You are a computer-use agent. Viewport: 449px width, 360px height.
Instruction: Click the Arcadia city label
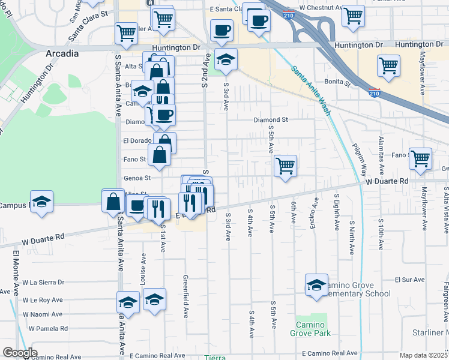(62, 53)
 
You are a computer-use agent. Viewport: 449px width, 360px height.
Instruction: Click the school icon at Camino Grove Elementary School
(316, 286)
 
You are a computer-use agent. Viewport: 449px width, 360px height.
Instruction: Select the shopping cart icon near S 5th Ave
(286, 166)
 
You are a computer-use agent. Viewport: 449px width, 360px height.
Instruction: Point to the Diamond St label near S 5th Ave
(271, 119)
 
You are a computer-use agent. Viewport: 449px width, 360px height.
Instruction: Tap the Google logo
(20, 353)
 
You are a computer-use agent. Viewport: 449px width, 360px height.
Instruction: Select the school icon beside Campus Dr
(41, 202)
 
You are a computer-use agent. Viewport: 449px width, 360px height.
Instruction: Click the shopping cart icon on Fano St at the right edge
(420, 159)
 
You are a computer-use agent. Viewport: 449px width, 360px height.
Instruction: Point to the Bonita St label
(339, 82)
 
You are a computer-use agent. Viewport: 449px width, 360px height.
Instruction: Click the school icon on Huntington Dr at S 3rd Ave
(226, 59)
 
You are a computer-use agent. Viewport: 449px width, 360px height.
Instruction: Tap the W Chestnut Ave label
(321, 8)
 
